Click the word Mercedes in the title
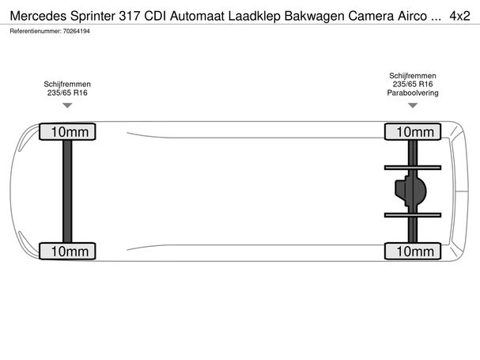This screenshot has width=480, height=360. pyautogui.click(x=38, y=16)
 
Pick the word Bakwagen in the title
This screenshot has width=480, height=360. pyautogui.click(x=314, y=17)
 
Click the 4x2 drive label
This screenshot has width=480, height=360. pyautogui.click(x=459, y=16)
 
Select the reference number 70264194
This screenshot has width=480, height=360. pyautogui.click(x=77, y=31)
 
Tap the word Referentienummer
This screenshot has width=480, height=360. pyautogui.click(x=36, y=31)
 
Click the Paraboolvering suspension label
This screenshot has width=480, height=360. pyautogui.click(x=413, y=93)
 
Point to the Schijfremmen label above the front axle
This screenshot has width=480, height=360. pyautogui.click(x=67, y=84)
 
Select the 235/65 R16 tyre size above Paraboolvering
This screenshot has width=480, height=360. pyautogui.click(x=413, y=84)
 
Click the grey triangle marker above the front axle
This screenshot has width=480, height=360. pyautogui.click(x=67, y=105)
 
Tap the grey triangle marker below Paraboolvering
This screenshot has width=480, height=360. pyautogui.click(x=413, y=105)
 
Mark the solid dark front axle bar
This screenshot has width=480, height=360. pyautogui.click(x=67, y=191)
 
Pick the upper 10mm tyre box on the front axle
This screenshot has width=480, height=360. pyautogui.click(x=67, y=132)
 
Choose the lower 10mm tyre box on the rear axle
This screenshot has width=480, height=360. pyautogui.click(x=413, y=252)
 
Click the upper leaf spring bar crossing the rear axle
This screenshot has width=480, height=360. pyautogui.click(x=413, y=168)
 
